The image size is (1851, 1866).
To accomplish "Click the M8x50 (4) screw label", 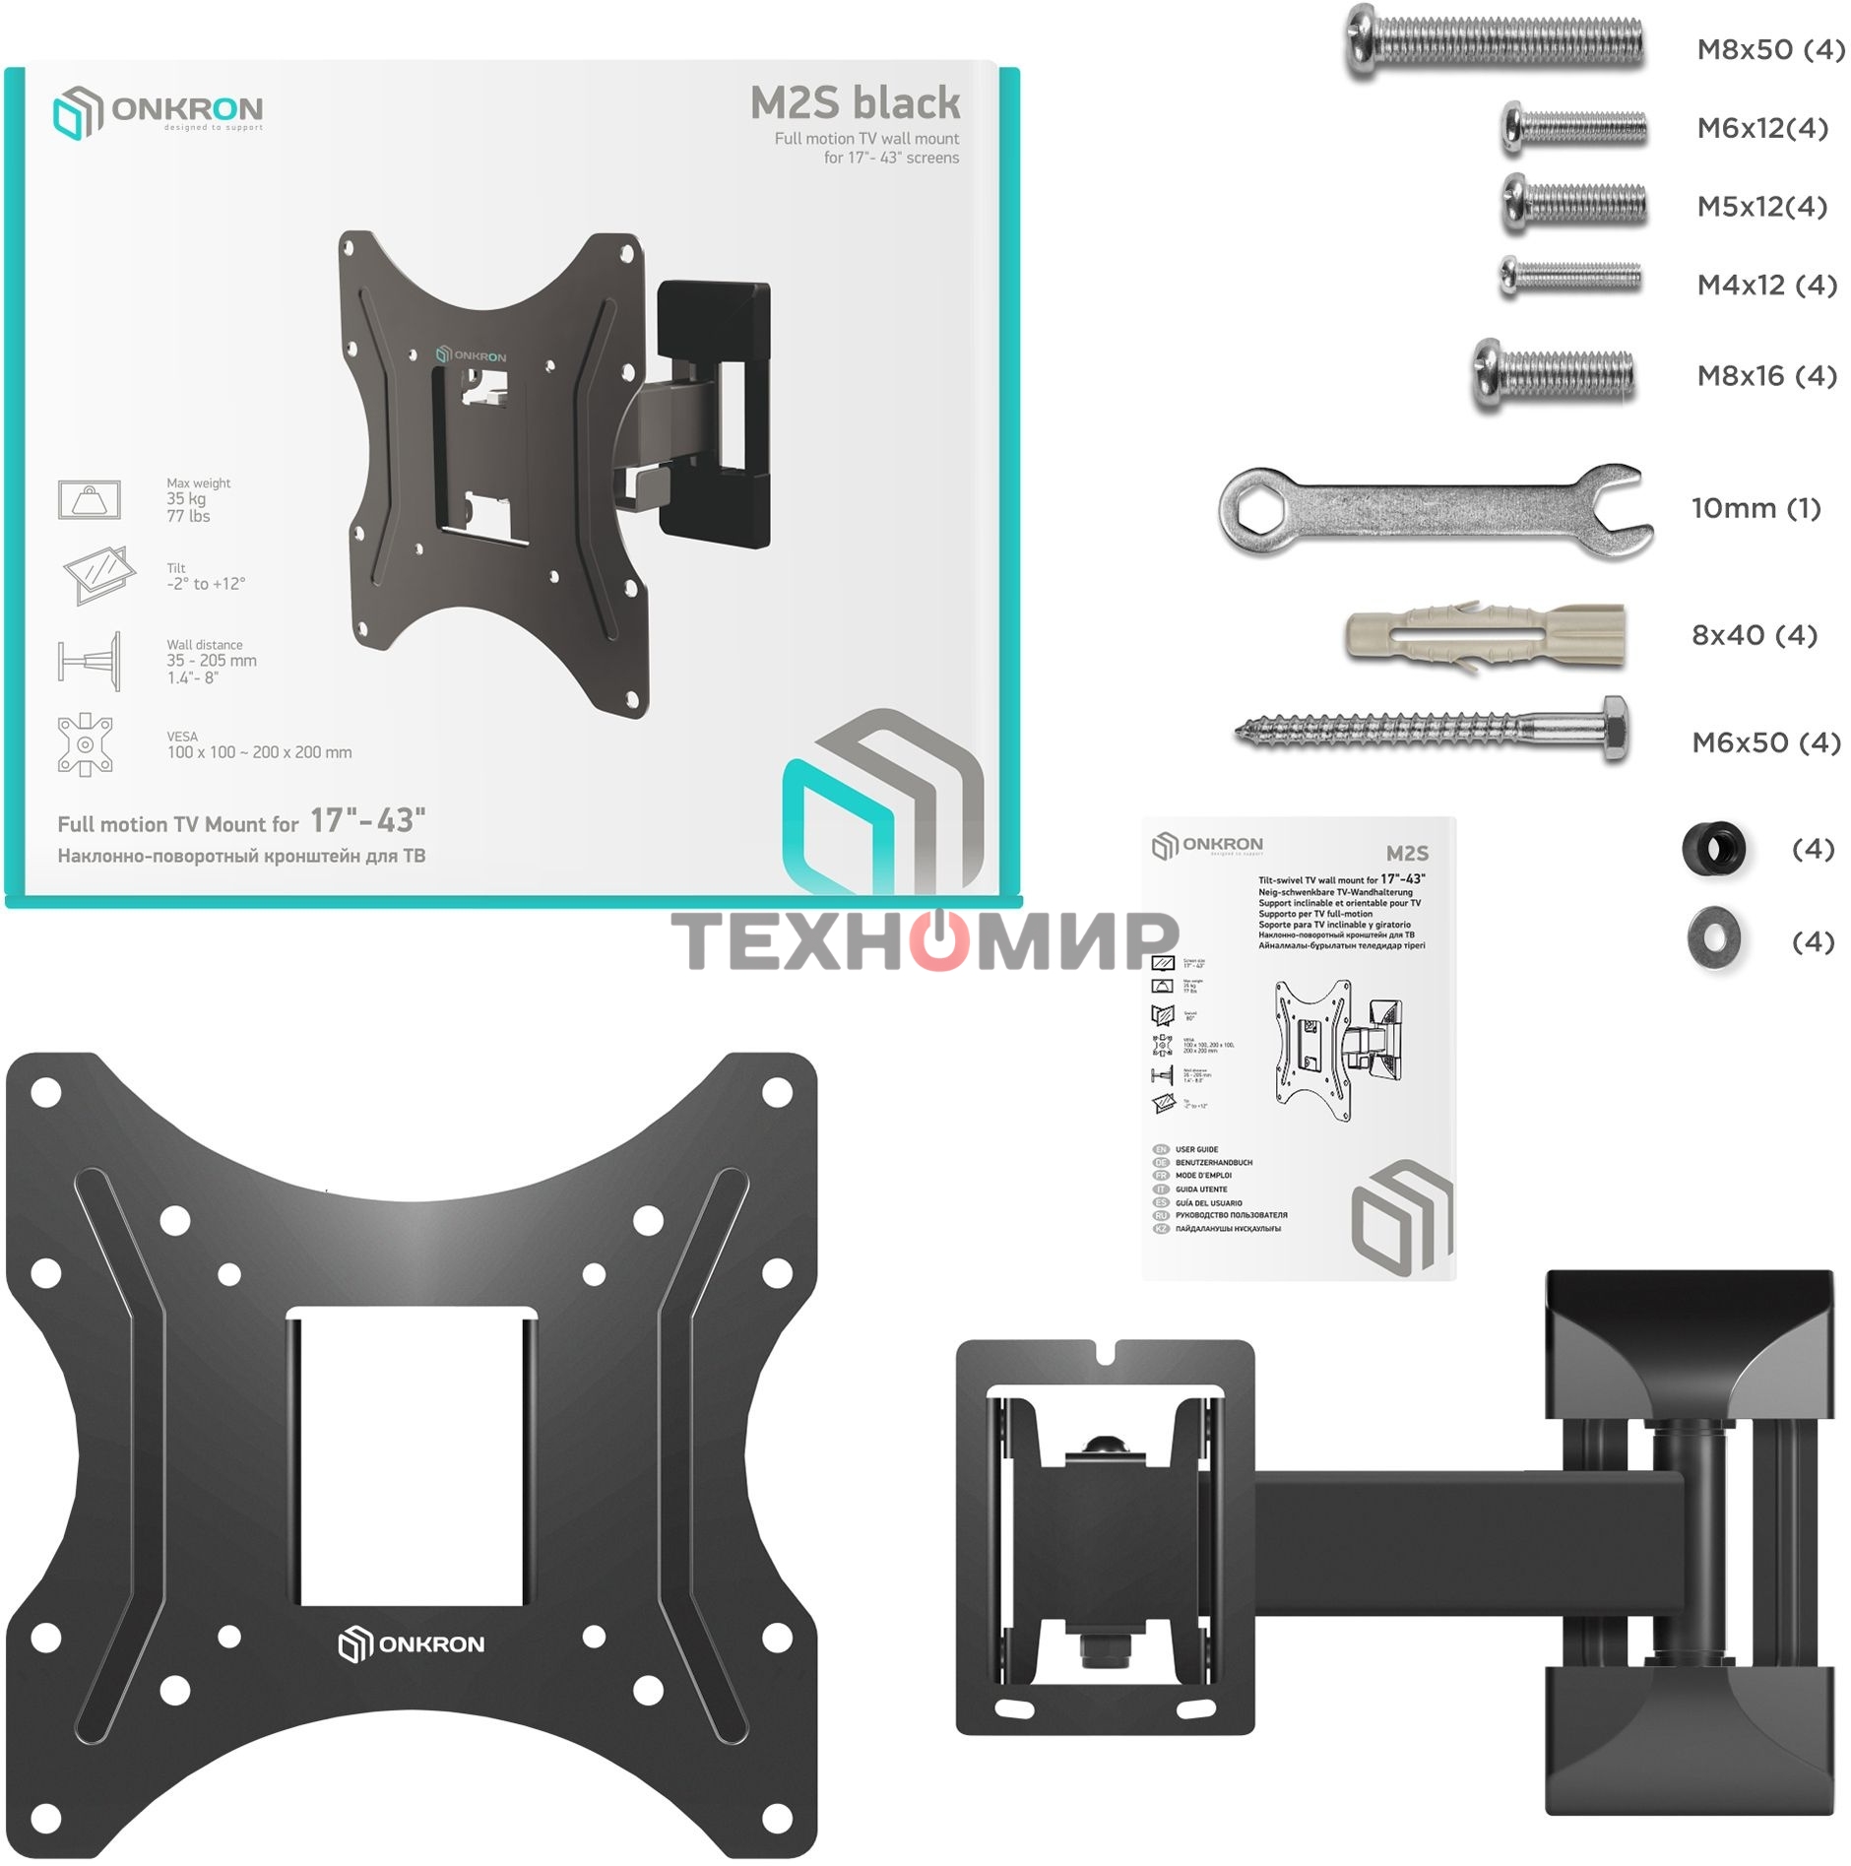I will pos(1769,49).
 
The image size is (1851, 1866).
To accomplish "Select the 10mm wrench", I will pos(1433,509).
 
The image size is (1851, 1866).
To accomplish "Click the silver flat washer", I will pos(1713,938).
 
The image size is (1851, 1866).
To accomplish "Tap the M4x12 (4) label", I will pos(1766,285).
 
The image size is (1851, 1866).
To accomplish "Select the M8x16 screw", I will pos(1553,375).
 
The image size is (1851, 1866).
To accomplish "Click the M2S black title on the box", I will pos(855,102).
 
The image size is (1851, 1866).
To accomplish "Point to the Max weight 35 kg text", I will pos(197,499).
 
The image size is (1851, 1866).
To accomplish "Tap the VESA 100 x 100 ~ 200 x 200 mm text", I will pos(258,745).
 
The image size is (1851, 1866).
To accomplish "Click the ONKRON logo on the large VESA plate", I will pos(411,1643).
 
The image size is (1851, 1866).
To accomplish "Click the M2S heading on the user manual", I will pos(1406,853).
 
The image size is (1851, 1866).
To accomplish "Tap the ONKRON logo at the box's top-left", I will pos(158,110).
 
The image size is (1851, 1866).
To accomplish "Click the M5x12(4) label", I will pos(1761,207).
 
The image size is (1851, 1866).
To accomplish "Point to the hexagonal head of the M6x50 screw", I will pos(1614,730).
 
